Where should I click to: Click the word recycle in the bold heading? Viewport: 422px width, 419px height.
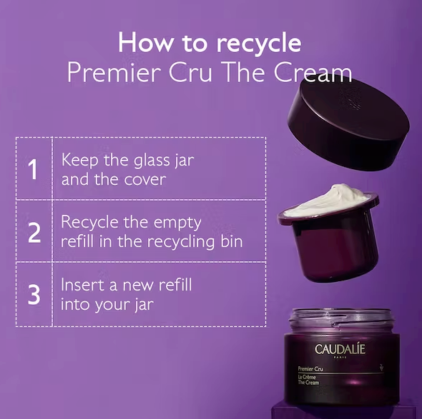[x=259, y=44]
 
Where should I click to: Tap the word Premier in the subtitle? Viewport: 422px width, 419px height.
[x=114, y=73]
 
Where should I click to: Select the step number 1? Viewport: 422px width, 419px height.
[x=33, y=169]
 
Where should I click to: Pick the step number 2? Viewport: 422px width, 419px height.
[x=34, y=233]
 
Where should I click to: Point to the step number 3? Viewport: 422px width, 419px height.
[x=34, y=295]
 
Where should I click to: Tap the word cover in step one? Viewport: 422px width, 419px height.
[x=144, y=180]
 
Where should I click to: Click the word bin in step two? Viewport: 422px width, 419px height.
[x=232, y=241]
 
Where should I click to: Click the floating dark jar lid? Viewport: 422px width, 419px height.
[x=348, y=123]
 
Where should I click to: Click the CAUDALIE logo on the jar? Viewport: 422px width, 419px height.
[x=340, y=349]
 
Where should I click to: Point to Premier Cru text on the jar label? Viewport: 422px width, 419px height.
[x=310, y=369]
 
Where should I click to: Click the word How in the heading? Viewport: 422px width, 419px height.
[x=147, y=43]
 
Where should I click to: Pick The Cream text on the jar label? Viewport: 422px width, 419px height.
[x=308, y=383]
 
